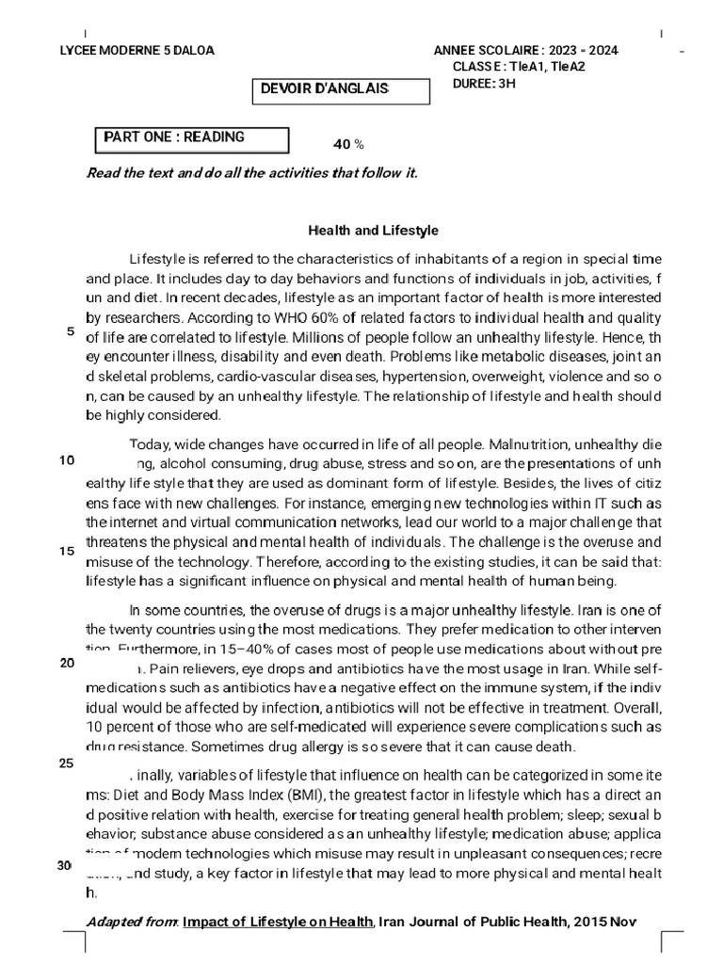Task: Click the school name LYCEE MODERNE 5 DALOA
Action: pyautogui.click(x=137, y=50)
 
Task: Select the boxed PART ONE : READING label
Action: pyautogui.click(x=174, y=137)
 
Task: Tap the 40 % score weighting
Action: pyautogui.click(x=348, y=144)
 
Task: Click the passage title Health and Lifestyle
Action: pyautogui.click(x=374, y=231)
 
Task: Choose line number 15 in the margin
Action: pyautogui.click(x=67, y=551)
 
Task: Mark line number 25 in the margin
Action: pyautogui.click(x=67, y=763)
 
